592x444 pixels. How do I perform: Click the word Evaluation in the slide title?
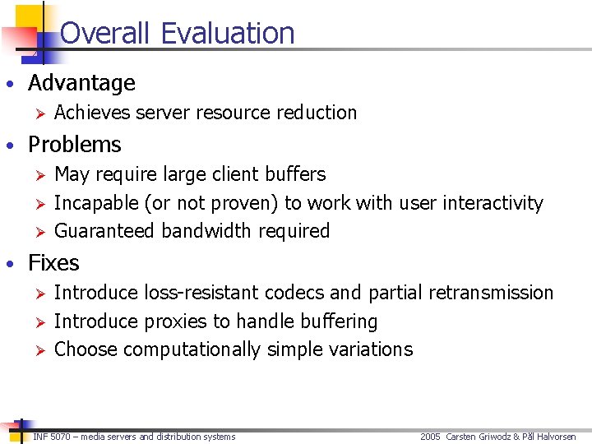(x=228, y=33)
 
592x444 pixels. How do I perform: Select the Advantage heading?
(x=81, y=83)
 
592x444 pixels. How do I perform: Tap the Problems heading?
(x=75, y=145)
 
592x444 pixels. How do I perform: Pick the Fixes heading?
(x=53, y=263)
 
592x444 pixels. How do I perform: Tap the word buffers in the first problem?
(x=295, y=174)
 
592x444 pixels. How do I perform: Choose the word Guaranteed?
(x=104, y=231)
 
